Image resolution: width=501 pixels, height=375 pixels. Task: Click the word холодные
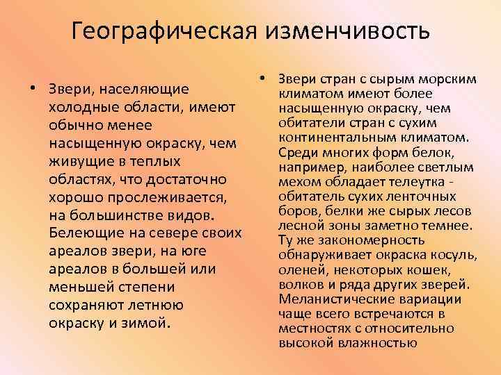click(x=82, y=108)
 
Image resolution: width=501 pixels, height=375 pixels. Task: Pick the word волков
click(x=301, y=285)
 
